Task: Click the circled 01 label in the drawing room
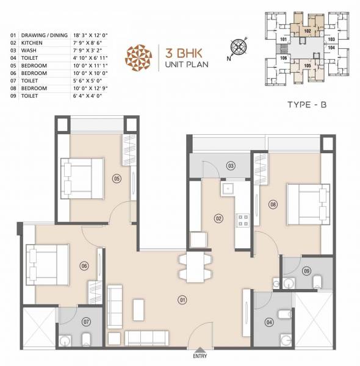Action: pos(181,300)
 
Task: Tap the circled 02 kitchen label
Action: pos(217,218)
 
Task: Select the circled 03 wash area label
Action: pos(231,165)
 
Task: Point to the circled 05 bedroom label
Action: pos(117,178)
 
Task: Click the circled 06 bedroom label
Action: pos(85,265)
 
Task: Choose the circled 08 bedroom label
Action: pos(273,204)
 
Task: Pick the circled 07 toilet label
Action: pos(87,321)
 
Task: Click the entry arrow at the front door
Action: pos(199,348)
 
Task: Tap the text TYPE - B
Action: pos(308,105)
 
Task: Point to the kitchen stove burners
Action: pos(242,220)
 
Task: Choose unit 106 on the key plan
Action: pos(283,58)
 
